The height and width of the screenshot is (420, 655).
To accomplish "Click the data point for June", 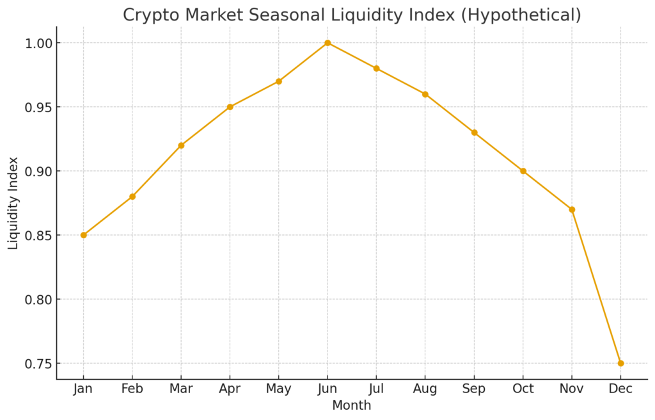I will tap(327, 43).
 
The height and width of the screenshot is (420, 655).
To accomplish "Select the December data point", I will tap(620, 363).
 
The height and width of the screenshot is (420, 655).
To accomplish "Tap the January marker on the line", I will tap(84, 235).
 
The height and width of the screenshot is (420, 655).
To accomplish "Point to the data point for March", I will tap(181, 145).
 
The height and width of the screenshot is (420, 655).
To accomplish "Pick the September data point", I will tap(474, 133).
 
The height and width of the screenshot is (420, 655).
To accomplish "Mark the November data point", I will tap(572, 209).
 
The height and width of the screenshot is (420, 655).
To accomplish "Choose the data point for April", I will tap(230, 107).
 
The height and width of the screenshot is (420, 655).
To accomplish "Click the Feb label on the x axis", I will tap(132, 389).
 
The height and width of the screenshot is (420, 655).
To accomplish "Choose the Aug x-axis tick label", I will tap(425, 389).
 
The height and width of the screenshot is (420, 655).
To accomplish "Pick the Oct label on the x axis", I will tap(523, 389).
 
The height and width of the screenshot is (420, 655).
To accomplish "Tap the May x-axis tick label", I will tap(279, 389).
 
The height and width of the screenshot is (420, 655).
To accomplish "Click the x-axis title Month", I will tap(352, 405).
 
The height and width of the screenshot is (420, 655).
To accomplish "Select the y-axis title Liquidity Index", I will tap(13, 203).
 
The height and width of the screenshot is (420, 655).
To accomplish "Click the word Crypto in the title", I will tap(148, 15).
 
